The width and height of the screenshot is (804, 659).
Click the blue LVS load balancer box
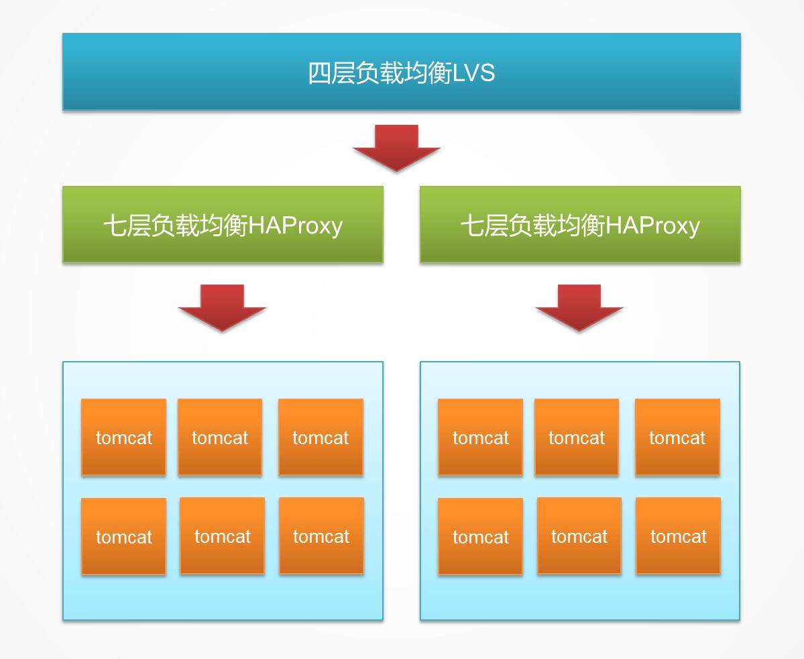pos(401,72)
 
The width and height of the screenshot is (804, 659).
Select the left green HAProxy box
pos(223,224)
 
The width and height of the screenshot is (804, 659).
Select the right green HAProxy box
pos(580,224)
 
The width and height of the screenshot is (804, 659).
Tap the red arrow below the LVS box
pos(396,148)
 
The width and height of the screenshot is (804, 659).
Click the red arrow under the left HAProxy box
pos(222,307)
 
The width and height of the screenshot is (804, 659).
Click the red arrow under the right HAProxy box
pos(579,307)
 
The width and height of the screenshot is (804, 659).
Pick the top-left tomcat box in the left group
pos(123,437)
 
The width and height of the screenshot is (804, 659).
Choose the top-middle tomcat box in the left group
pos(220,437)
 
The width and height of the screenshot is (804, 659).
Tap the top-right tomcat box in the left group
pos(321,437)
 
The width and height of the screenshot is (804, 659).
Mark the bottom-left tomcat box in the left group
pos(123,536)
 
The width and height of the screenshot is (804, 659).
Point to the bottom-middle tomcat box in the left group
pos(222,536)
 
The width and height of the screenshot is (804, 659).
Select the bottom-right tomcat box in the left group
pos(321,536)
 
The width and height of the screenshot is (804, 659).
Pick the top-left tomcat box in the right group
pos(480,437)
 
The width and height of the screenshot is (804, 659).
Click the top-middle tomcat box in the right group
pos(577,437)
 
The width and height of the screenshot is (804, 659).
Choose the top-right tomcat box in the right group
pos(677,437)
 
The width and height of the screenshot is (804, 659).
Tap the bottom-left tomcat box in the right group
pos(480,536)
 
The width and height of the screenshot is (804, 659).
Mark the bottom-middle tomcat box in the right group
pos(579,536)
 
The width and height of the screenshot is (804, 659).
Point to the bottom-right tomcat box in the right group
pos(678,536)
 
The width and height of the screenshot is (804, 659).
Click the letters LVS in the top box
pos(474,72)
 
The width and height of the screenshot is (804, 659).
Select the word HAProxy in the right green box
pos(653,225)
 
